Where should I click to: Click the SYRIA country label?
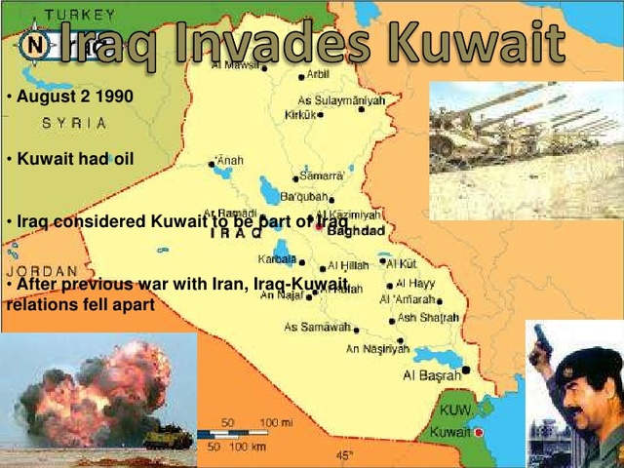coord(74,124)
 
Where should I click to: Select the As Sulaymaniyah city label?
coord(341,99)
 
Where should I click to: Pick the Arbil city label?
coord(318,74)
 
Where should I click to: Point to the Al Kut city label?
coord(402,263)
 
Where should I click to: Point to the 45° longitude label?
coord(345,455)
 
